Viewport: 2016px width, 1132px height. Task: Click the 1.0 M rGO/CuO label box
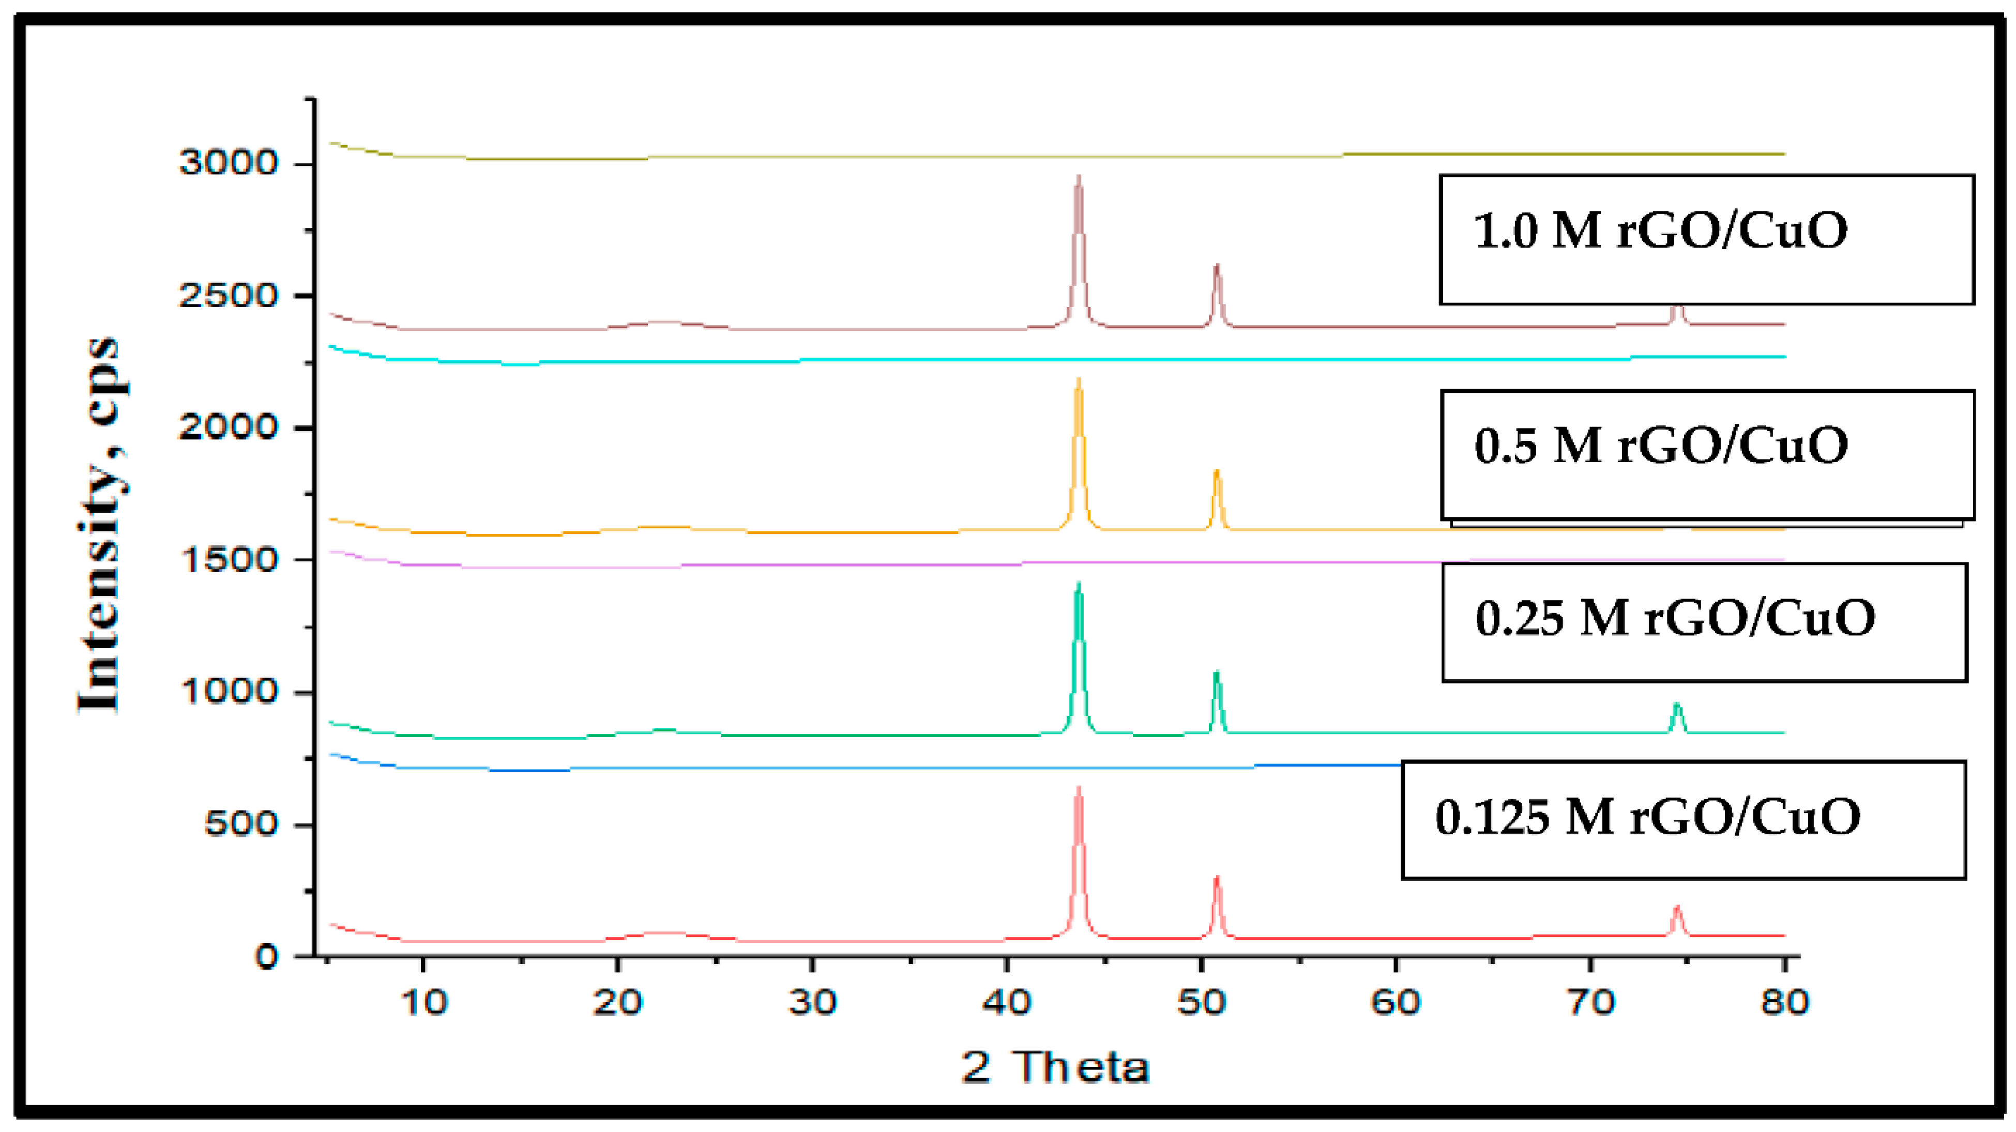click(1706, 239)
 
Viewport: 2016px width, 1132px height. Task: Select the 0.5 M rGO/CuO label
click(1706, 454)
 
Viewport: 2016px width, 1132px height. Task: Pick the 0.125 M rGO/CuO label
click(1682, 819)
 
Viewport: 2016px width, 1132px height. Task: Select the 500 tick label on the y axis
click(240, 824)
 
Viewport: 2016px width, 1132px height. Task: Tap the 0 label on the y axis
click(266, 956)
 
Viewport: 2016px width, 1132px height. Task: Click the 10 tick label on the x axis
click(423, 1002)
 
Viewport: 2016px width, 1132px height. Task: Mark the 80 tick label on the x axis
click(1784, 1002)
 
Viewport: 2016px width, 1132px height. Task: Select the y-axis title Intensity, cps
click(100, 524)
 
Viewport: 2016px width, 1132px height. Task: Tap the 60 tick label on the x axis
click(1396, 1002)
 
